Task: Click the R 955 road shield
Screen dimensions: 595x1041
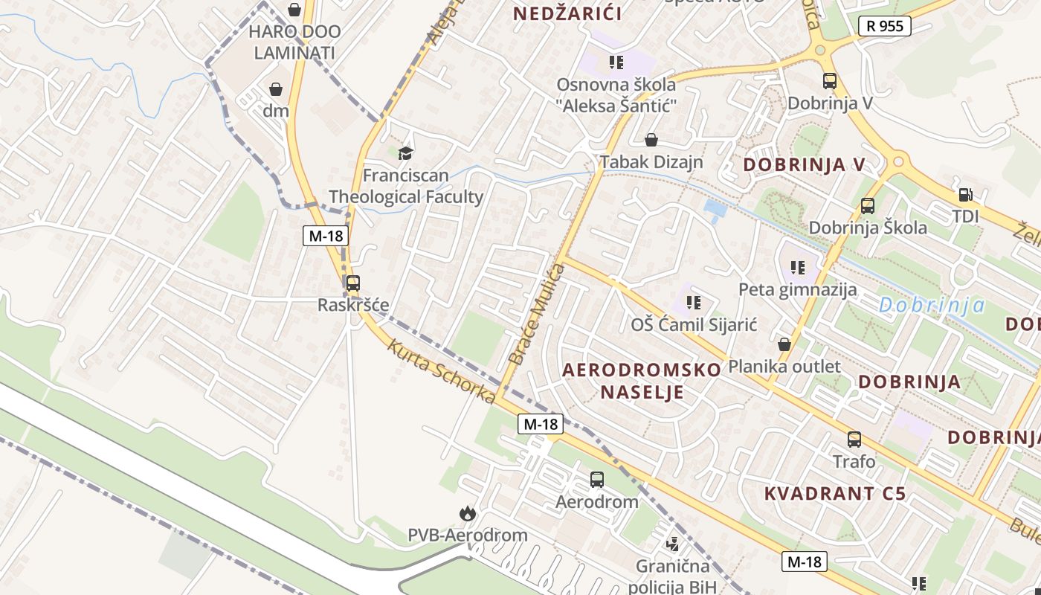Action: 885,26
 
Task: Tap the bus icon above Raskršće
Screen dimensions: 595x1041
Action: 352,283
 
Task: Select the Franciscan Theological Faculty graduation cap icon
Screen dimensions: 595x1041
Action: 405,154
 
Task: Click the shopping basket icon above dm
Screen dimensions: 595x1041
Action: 276,89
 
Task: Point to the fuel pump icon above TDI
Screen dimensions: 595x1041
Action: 965,195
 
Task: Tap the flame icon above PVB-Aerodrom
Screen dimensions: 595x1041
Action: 467,513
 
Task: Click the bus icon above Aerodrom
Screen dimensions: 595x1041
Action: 596,480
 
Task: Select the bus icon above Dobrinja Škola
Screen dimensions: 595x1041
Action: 867,206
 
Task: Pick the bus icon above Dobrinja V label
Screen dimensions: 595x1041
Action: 829,82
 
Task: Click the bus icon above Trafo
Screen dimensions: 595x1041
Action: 854,440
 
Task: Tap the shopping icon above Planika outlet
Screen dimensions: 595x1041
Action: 784,344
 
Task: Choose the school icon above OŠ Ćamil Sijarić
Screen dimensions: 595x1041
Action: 693,303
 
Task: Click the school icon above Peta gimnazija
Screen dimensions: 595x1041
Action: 798,268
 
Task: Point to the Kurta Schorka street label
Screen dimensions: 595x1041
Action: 441,372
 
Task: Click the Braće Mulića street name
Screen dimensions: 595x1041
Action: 537,315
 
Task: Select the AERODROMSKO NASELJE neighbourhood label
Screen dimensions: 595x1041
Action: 642,381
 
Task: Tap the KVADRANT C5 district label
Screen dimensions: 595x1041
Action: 835,493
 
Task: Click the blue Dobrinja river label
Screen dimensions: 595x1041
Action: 932,305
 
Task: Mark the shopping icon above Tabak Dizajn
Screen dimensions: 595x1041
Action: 651,140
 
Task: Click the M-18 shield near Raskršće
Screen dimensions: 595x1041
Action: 326,236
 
